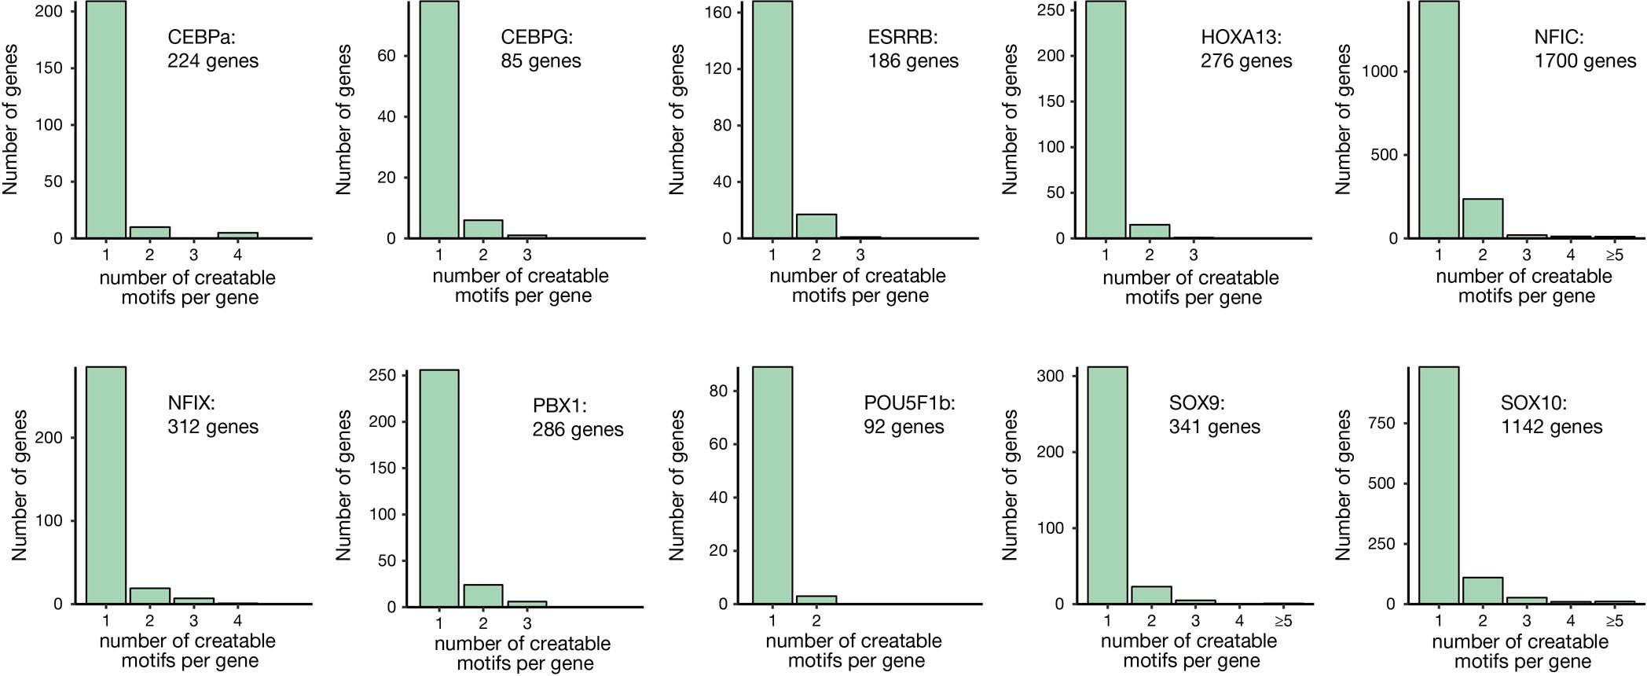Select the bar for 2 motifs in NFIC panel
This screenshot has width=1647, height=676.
point(1482,219)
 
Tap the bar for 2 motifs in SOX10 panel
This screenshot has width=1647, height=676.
point(1482,590)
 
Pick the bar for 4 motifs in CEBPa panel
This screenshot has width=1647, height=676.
point(237,234)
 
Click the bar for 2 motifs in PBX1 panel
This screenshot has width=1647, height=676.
point(482,596)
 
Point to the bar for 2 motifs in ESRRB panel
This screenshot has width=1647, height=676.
point(816,226)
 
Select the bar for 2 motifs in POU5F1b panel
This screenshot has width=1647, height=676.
point(816,600)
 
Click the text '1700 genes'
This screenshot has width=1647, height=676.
point(1584,61)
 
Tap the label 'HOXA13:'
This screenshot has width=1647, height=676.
point(1240,37)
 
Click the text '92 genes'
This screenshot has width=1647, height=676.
point(903,427)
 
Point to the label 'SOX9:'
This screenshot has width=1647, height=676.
point(1196,403)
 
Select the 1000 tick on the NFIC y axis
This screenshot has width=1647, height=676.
point(1380,72)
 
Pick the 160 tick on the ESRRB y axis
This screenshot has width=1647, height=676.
point(717,13)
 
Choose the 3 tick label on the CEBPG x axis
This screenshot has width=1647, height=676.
point(526,255)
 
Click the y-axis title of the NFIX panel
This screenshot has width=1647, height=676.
point(19,485)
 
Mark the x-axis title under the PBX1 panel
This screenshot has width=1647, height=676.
point(523,653)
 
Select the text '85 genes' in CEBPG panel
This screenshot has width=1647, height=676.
point(541,61)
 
